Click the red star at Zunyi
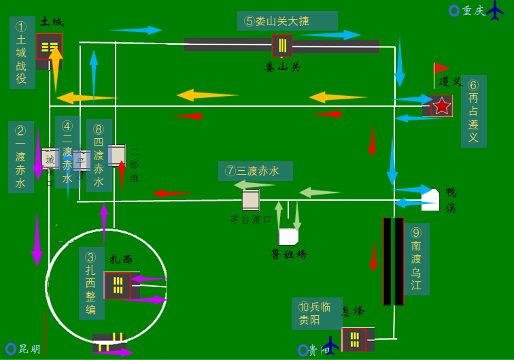click(442, 106)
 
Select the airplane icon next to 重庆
click(497, 12)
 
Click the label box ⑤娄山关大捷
click(287, 21)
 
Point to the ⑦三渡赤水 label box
click(255, 171)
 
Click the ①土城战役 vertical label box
click(22, 53)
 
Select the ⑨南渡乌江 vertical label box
click(416, 259)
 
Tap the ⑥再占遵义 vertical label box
click(473, 111)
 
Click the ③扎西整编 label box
click(91, 282)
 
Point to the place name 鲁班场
click(289, 255)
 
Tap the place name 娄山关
click(282, 67)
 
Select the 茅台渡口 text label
click(251, 219)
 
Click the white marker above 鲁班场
click(288, 236)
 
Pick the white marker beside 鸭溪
click(430, 199)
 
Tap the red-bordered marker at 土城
click(49, 46)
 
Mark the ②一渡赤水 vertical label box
click(20, 157)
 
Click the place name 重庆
click(474, 11)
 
